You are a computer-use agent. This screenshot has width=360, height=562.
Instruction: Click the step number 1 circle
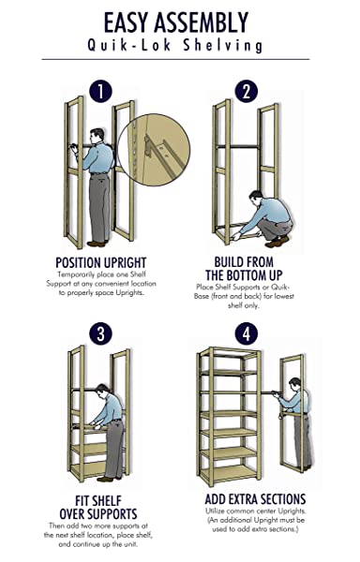100,92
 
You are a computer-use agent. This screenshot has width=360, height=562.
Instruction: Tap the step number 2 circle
247,92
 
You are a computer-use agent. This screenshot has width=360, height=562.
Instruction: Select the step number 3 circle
100,333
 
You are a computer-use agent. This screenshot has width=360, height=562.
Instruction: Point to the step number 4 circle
247,333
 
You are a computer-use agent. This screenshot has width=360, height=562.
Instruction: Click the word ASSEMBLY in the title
201,22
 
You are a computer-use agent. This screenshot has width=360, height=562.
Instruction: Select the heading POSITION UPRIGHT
100,262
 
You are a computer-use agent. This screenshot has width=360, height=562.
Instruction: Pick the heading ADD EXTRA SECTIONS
255,499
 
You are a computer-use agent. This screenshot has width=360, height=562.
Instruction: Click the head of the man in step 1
97,135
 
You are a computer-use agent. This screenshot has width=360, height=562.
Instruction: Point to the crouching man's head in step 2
256,198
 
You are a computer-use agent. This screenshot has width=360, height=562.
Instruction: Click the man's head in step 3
102,391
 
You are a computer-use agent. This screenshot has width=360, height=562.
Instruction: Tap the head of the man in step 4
294,384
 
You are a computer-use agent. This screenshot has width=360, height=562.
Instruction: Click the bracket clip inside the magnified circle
148,146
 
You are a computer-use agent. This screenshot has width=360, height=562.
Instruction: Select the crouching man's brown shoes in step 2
277,242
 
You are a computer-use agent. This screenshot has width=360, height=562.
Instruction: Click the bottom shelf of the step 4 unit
229,472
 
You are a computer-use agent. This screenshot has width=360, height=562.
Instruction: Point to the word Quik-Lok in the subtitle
129,46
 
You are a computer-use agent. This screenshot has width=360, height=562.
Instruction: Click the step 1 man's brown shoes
97,243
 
